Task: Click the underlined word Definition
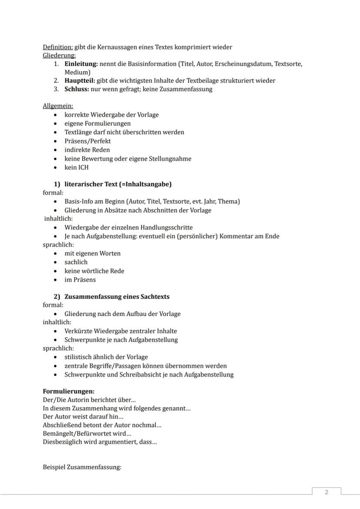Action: pyautogui.click(x=57, y=47)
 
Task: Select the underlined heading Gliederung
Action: pyautogui.click(x=59, y=55)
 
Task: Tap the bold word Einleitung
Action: pyautogui.click(x=81, y=64)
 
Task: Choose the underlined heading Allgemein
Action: pyautogui.click(x=58, y=106)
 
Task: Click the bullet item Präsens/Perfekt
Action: pyautogui.click(x=87, y=141)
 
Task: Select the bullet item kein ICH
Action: pyautogui.click(x=77, y=167)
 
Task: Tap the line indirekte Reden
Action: pyautogui.click(x=87, y=150)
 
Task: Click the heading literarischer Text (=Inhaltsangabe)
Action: pyautogui.click(x=118, y=184)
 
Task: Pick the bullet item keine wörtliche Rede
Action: pyautogui.click(x=94, y=271)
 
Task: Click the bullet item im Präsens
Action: pyautogui.click(x=80, y=279)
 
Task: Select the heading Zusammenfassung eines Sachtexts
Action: pyautogui.click(x=117, y=296)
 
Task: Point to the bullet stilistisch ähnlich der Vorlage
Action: pyautogui.click(x=106, y=357)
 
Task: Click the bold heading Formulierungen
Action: pyautogui.click(x=68, y=391)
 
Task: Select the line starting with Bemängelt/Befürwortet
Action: pyautogui.click(x=87, y=433)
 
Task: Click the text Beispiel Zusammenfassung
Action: pyautogui.click(x=82, y=467)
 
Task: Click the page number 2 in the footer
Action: pyautogui.click(x=327, y=492)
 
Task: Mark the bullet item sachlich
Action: pyautogui.click(x=76, y=262)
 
